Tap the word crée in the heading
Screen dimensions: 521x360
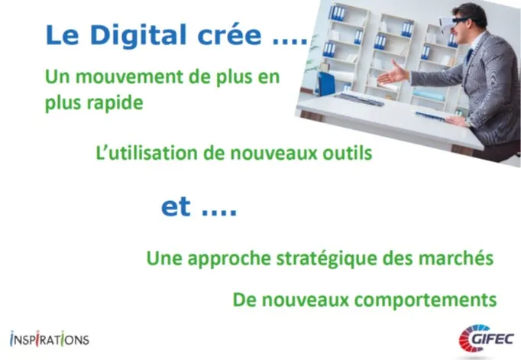[x=230, y=34]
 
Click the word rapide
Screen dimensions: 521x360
[x=115, y=103]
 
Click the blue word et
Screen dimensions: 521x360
[x=176, y=207]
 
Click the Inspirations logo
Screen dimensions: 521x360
[x=50, y=339]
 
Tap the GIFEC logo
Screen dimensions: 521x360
[x=486, y=339]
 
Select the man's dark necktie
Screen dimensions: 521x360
[x=469, y=56]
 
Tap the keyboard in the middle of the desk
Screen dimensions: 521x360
[x=360, y=99]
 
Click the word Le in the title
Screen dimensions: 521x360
[x=62, y=35]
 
